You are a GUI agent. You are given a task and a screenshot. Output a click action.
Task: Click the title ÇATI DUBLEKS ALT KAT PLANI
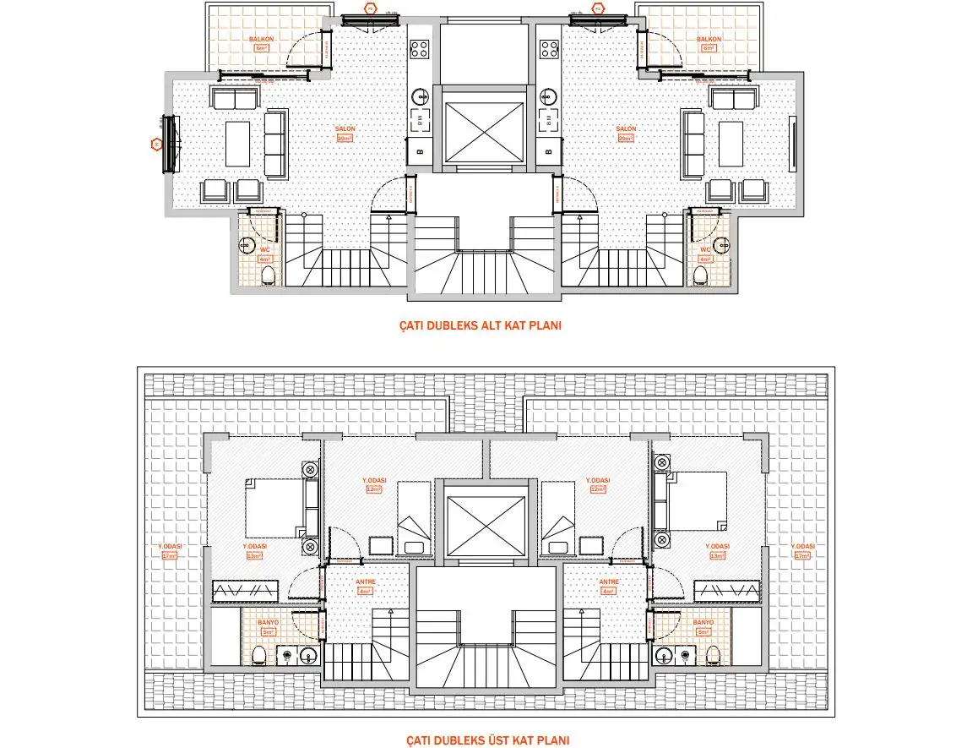(480, 325)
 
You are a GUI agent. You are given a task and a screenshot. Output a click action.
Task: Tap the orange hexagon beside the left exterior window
(155, 145)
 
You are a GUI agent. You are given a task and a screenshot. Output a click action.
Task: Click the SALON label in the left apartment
(345, 129)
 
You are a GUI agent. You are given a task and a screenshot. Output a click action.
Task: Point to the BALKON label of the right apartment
(708, 40)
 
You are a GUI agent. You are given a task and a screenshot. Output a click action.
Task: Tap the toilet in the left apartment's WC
(269, 275)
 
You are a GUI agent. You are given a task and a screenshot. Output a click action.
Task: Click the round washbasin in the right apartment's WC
(721, 245)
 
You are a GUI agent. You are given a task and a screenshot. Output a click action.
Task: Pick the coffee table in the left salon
(237, 144)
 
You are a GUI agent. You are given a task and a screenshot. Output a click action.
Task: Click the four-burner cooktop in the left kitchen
(420, 48)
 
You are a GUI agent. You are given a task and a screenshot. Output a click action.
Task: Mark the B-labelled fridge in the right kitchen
(549, 152)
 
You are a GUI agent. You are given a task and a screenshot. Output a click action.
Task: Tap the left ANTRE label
(365, 581)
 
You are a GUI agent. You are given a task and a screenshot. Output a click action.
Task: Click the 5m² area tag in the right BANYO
(704, 631)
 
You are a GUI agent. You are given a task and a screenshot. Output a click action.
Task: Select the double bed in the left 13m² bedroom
(275, 507)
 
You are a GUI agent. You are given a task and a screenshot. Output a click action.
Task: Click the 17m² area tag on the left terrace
(171, 555)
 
